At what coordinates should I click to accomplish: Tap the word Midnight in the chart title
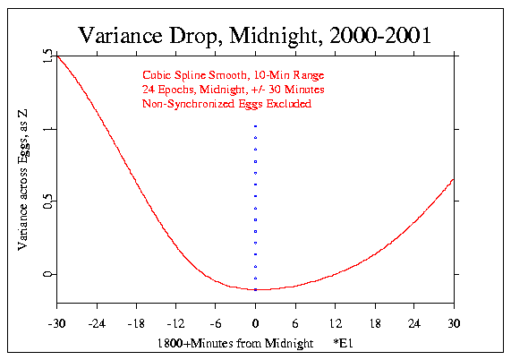tap(266, 35)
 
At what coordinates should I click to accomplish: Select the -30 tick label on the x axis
tap(57, 322)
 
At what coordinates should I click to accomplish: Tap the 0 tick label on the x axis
tap(256, 322)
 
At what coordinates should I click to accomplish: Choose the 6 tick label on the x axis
tap(295, 322)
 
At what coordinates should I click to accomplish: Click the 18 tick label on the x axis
tap(375, 322)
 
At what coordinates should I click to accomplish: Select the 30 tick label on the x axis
tap(454, 322)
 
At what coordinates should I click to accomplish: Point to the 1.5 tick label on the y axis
tap(46, 57)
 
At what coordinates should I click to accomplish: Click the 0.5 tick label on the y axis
tap(46, 202)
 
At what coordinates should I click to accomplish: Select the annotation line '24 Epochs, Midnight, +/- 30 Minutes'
tap(232, 90)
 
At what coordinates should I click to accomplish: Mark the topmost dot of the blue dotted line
tap(256, 126)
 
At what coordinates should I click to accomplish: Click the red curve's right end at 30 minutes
tap(454, 179)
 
